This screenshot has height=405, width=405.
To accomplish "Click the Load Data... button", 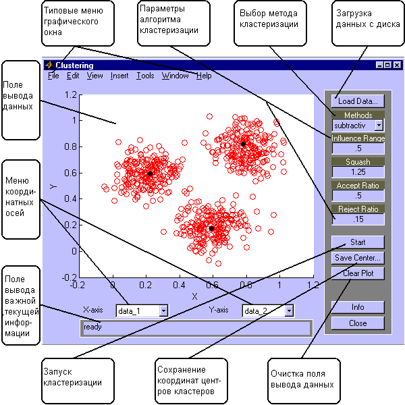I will click(x=357, y=101).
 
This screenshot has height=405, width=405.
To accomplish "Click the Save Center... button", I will click(x=357, y=257).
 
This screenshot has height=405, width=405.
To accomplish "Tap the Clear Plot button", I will click(x=357, y=273).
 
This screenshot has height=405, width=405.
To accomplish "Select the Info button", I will click(x=357, y=307).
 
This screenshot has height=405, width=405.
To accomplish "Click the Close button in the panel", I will click(x=357, y=323).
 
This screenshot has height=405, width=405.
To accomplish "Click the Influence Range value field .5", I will click(x=357, y=148).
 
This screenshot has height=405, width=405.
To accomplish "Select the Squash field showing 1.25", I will click(x=357, y=172).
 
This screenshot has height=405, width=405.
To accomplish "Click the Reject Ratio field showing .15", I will click(x=357, y=219).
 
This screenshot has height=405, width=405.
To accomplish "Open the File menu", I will click(x=53, y=76).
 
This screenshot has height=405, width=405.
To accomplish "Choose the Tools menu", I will click(x=144, y=76).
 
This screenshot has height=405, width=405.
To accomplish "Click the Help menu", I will click(x=203, y=76).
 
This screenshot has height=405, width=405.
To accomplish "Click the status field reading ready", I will click(x=195, y=327).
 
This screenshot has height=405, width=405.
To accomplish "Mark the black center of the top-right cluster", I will click(x=244, y=144).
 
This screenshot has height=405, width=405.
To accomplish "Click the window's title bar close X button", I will click(x=397, y=65).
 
